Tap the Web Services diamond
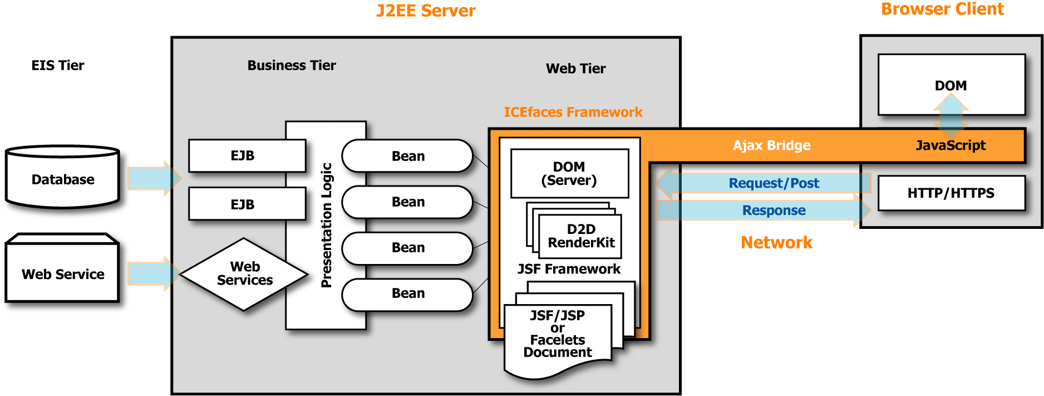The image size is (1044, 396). click(x=244, y=273)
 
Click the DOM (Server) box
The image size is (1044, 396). click(x=569, y=174)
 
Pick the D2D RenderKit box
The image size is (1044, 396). click(x=580, y=236)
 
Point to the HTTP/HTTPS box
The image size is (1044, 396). click(x=951, y=193)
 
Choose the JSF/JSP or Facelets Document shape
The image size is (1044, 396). click(x=558, y=334)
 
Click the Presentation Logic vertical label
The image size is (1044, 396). click(x=326, y=225)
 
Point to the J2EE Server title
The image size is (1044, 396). click(x=426, y=11)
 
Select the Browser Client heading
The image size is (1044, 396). click(x=942, y=9)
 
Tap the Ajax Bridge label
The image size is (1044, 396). click(x=771, y=145)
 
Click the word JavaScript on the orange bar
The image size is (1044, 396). click(x=951, y=145)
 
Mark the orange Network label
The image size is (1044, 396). click(x=776, y=242)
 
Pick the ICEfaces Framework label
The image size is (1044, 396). click(x=573, y=112)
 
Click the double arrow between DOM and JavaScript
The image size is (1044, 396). click(x=951, y=115)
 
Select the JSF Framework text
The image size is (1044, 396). click(x=569, y=269)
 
